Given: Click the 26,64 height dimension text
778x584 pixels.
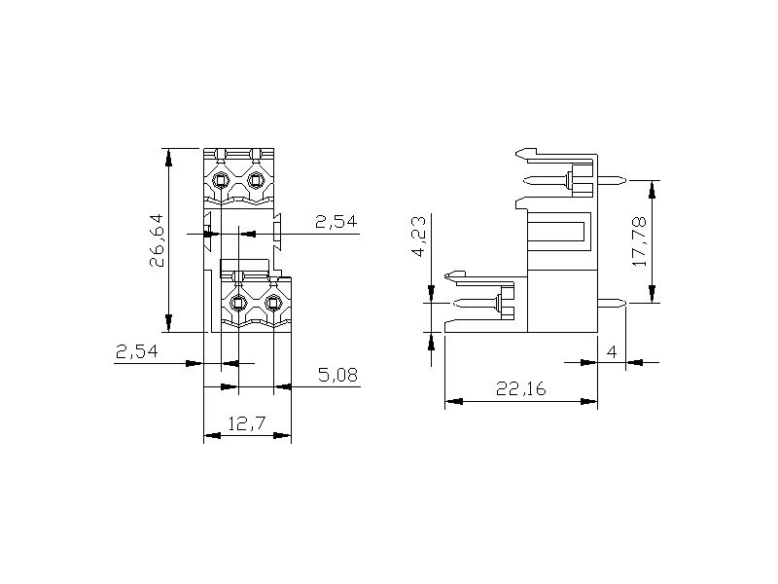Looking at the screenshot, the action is (x=157, y=240).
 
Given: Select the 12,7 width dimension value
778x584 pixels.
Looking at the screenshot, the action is (x=247, y=423).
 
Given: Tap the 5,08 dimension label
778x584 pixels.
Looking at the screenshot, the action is (x=337, y=375).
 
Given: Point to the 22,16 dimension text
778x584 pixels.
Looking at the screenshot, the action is (x=520, y=388).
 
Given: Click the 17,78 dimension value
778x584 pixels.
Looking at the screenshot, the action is (x=640, y=241).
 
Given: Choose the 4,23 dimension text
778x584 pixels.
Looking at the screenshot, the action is (x=419, y=236).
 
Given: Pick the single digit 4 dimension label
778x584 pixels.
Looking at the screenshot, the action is (x=612, y=352).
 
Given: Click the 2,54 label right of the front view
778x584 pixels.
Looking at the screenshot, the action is (x=336, y=222).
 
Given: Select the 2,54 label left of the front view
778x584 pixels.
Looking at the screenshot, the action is (x=136, y=351).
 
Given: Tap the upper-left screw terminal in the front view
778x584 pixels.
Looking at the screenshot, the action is (x=221, y=180).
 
